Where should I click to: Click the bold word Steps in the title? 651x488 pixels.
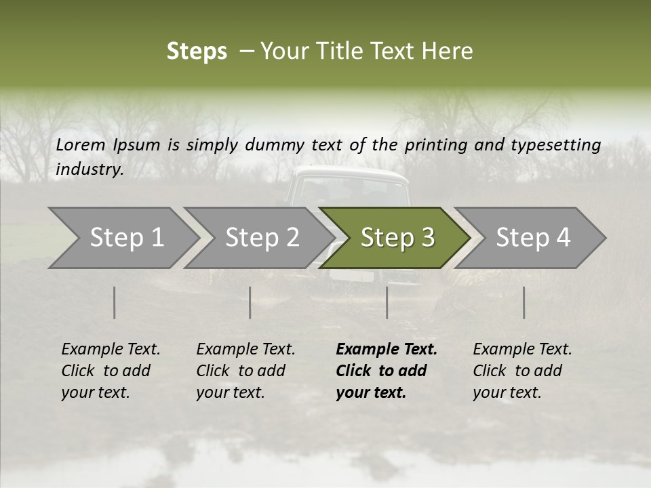pyautogui.click(x=197, y=52)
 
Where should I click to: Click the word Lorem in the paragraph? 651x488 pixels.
pyautogui.click(x=81, y=144)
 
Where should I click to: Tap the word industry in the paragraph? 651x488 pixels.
pyautogui.click(x=89, y=169)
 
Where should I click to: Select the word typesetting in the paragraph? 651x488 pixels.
pyautogui.click(x=561, y=144)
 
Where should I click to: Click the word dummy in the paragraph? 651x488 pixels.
pyautogui.click(x=275, y=144)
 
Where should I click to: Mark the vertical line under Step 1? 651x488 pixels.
pyautogui.click(x=114, y=302)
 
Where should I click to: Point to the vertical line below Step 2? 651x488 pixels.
pyautogui.click(x=250, y=302)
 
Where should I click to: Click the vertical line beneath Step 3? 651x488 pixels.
pyautogui.click(x=387, y=302)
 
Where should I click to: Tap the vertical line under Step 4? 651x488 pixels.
pyautogui.click(x=524, y=302)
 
